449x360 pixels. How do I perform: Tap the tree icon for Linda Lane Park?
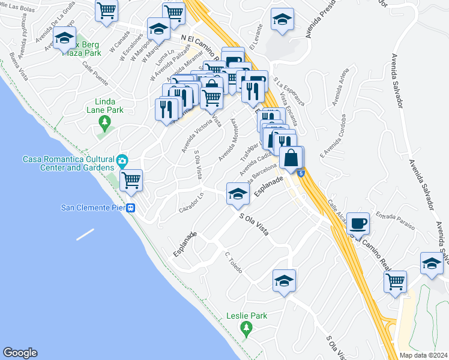click(106, 124)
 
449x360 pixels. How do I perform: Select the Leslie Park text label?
click(246, 316)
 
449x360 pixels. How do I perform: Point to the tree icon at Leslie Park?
click(245, 328)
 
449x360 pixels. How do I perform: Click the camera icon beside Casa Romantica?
click(122, 160)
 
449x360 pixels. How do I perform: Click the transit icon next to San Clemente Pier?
click(130, 208)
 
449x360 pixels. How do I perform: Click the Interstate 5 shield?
click(301, 173)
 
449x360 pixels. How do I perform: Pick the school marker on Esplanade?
click(238, 194)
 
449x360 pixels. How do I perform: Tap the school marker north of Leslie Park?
click(285, 280)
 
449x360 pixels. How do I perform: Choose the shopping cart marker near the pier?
click(131, 179)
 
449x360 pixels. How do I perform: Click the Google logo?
click(20, 353)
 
